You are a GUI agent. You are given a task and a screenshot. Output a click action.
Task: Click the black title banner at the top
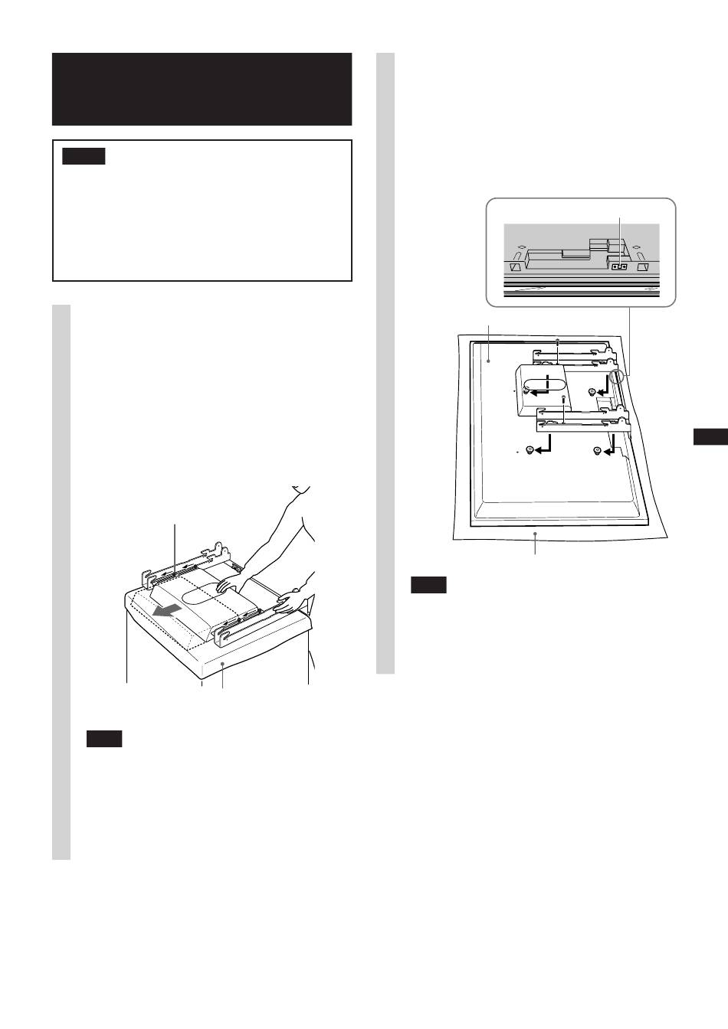pos(202,89)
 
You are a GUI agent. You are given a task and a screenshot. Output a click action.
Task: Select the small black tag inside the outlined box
pos(83,157)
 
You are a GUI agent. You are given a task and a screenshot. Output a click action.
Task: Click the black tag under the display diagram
pos(428,586)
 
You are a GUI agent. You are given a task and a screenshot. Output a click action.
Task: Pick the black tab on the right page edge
pos(710,437)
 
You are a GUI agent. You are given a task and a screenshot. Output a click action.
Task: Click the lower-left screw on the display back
pos(529,451)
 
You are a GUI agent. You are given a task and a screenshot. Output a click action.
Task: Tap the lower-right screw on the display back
pos(597,451)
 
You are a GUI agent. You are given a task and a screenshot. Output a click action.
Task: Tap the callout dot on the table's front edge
pos(222,668)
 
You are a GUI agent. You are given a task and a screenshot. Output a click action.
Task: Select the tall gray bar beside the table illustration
pos(61,582)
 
